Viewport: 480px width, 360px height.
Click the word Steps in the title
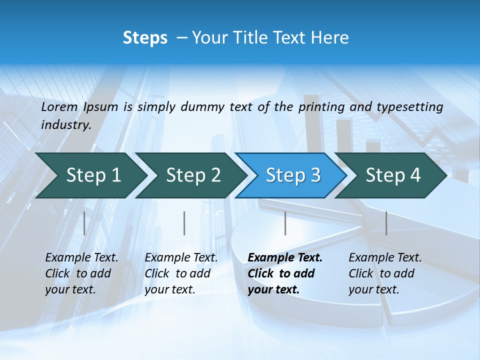[x=145, y=38]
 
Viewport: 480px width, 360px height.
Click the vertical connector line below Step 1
[x=84, y=223]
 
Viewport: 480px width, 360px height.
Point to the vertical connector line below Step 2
[x=184, y=223]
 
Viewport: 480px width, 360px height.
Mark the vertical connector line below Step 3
[x=285, y=223]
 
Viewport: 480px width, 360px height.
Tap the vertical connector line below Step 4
[x=386, y=223]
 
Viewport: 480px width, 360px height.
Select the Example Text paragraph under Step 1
[x=81, y=273]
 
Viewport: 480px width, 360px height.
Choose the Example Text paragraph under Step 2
[x=181, y=273]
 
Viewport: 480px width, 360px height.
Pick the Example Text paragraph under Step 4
[x=385, y=273]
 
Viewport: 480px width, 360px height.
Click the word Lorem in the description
[x=59, y=107]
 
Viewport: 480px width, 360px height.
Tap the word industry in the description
[x=65, y=125]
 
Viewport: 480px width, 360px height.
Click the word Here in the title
[x=330, y=38]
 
